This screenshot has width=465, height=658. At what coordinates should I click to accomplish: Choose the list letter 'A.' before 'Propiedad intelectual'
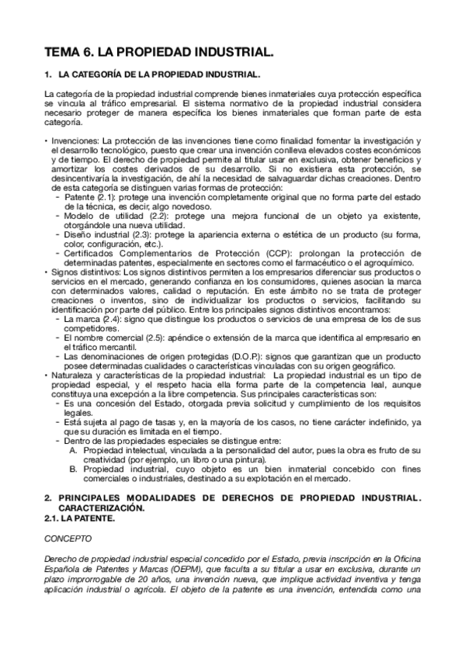[73, 449]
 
